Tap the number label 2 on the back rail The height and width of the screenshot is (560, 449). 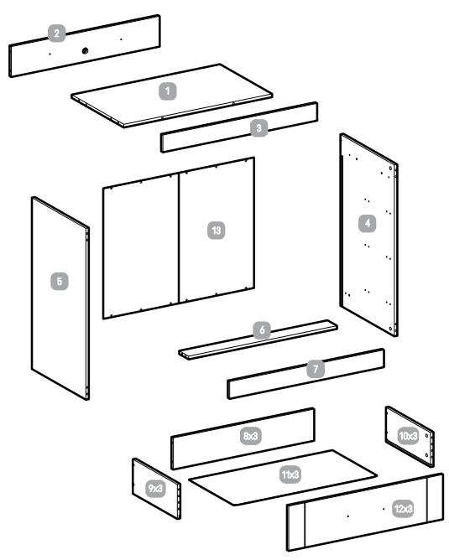tap(57, 34)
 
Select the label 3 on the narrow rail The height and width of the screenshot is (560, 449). tap(261, 127)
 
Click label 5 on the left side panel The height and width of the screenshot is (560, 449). tap(58, 281)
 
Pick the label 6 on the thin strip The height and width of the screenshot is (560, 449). tap(262, 331)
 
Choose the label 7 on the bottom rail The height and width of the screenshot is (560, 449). tap(316, 370)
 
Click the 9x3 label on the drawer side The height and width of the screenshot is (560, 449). tap(155, 488)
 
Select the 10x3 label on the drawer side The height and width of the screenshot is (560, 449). tap(408, 436)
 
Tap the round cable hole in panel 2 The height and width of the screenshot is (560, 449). tap(86, 51)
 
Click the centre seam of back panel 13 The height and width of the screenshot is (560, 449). tap(179, 239)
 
